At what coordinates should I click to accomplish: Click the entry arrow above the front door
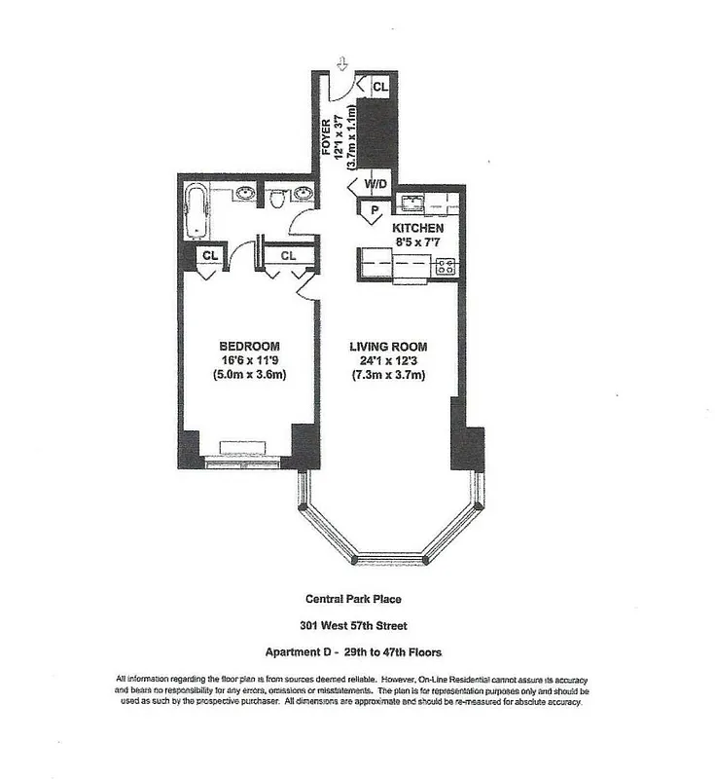[341, 63]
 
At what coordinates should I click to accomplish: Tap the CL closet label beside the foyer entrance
[380, 86]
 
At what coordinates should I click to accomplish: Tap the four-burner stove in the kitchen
[447, 264]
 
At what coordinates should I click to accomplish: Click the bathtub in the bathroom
[197, 211]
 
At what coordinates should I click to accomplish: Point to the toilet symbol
[276, 198]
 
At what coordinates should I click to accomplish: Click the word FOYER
[328, 137]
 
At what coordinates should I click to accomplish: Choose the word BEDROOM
[250, 347]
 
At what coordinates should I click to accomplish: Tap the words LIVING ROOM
[387, 347]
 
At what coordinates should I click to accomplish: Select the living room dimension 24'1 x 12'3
[387, 361]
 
